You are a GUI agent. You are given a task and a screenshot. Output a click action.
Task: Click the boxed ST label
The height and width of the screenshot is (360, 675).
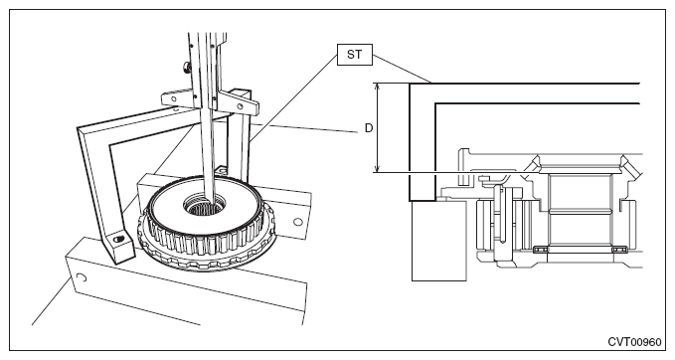354,55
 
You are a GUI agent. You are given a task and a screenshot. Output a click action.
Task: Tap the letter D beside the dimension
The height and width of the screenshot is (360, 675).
369,128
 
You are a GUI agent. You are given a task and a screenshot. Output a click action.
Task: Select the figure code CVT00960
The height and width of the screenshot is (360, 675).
634,342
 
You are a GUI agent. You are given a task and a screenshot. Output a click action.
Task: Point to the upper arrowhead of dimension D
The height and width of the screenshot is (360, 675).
378,87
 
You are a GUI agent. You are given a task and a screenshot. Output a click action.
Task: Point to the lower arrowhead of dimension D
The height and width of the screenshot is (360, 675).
378,170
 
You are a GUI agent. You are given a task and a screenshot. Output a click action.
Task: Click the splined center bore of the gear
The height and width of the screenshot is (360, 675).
203,204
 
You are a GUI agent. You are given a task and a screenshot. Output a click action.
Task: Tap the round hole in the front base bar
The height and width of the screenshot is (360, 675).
82,277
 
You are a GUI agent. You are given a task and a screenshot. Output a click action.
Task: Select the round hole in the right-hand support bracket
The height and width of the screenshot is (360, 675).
297,222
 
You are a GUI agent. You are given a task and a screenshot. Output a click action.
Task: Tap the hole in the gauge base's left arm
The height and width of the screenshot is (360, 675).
174,99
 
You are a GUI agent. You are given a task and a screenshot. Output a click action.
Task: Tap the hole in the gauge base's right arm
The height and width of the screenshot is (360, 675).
241,106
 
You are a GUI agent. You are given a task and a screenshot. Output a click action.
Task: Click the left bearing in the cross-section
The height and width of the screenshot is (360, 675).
540,250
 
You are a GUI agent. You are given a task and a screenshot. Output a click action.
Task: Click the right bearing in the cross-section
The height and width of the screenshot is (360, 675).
619,250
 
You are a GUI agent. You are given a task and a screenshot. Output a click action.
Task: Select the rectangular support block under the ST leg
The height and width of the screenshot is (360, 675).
438,241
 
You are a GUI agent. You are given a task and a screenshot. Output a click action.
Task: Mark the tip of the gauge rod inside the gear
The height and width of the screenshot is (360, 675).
212,202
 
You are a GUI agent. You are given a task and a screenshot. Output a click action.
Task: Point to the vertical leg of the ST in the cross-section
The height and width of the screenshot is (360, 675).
422,142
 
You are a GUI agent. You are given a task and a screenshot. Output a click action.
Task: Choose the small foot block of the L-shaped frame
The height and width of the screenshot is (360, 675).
117,246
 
